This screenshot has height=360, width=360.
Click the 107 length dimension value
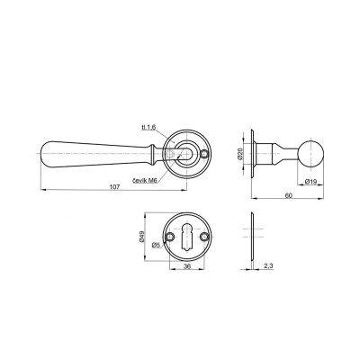click(115, 187)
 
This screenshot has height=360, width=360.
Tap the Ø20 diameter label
click(239, 154)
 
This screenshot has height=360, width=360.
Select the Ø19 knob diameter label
click(310, 182)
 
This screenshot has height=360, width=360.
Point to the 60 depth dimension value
click(288, 195)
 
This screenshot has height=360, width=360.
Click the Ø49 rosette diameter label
click(142, 237)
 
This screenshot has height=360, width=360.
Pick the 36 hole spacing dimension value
click(186, 266)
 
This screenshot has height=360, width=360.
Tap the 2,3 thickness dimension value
click(268, 265)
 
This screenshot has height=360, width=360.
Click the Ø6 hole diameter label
click(156, 245)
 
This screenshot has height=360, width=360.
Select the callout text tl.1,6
click(148, 128)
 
